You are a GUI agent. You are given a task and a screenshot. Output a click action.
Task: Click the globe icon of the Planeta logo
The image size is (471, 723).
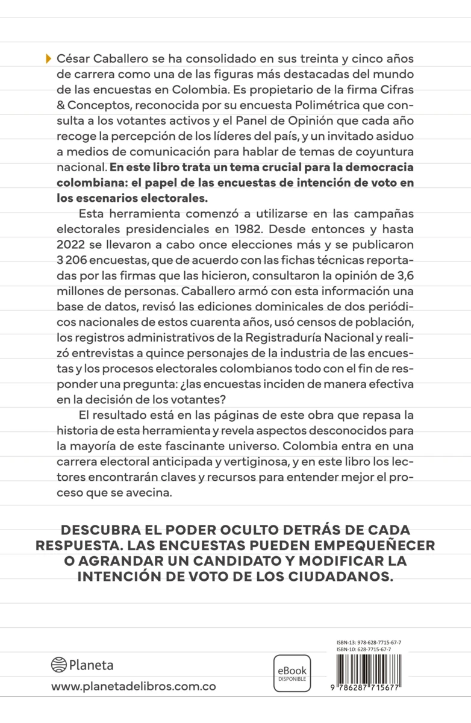[58, 665]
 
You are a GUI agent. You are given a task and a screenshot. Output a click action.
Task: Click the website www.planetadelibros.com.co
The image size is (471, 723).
[133, 687]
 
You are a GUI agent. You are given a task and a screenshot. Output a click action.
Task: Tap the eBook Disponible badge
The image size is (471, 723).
[292, 673]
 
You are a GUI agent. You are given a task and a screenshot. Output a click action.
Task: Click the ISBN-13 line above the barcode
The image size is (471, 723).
[369, 643]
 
